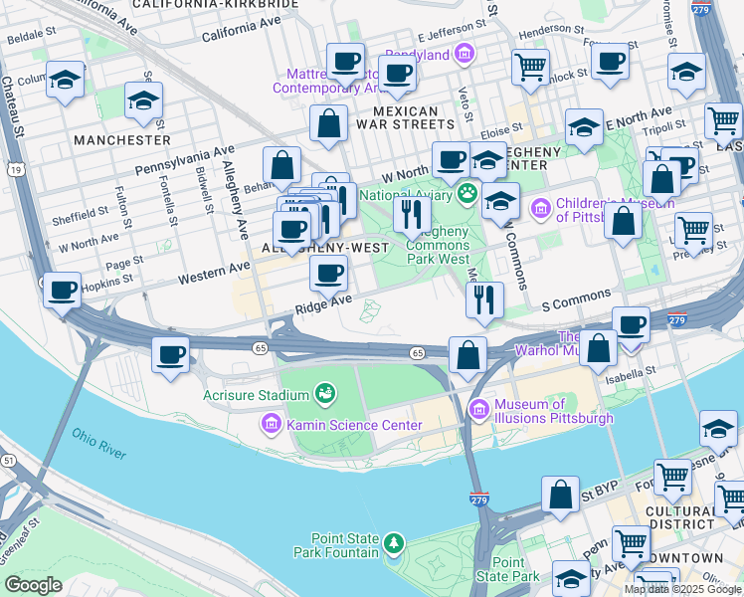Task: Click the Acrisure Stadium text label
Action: click(x=257, y=396)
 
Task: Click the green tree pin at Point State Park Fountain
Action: click(x=395, y=543)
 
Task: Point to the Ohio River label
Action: click(x=98, y=444)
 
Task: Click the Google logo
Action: click(x=33, y=584)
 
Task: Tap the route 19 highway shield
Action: click(x=16, y=171)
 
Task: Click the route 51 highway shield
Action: click(x=7, y=460)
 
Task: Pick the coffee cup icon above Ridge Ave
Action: click(x=327, y=272)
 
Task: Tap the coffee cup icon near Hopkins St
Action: click(x=63, y=292)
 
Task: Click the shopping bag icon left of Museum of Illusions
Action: click(x=466, y=355)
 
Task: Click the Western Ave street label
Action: click(x=214, y=273)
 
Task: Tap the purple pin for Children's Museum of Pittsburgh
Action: click(x=540, y=209)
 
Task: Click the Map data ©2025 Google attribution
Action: click(x=682, y=589)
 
